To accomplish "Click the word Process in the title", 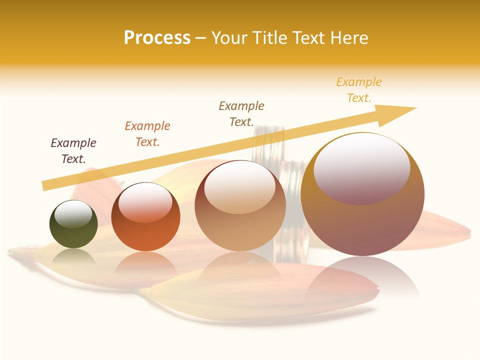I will pyautogui.click(x=157, y=38).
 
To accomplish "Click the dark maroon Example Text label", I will pyautogui.click(x=73, y=151).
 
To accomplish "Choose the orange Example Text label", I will pyautogui.click(x=147, y=134).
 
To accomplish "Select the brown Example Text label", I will pyautogui.click(x=241, y=114).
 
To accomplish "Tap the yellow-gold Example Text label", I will pyautogui.click(x=359, y=90).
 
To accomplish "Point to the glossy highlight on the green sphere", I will pyautogui.click(x=73, y=214).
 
